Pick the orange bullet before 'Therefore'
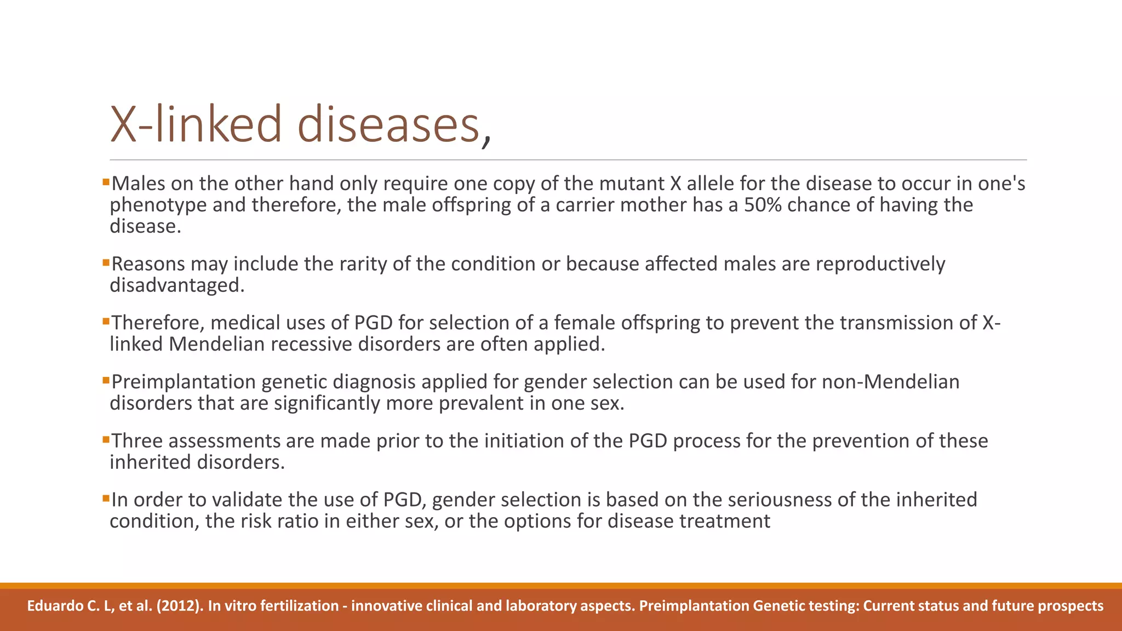click(x=106, y=320)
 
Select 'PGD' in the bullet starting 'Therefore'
click(x=374, y=323)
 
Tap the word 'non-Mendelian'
click(x=890, y=382)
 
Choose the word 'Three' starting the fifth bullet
click(x=140, y=441)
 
